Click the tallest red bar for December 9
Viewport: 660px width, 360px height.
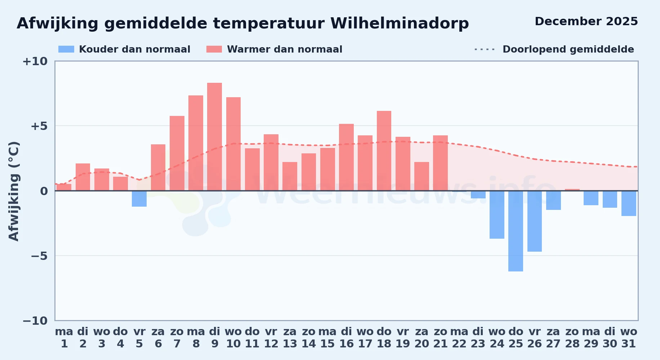click(x=215, y=137)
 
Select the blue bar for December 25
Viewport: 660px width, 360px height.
click(x=516, y=231)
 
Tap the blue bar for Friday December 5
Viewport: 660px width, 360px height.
click(x=139, y=199)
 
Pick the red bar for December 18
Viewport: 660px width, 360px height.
click(x=384, y=151)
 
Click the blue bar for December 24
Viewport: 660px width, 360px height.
click(x=497, y=215)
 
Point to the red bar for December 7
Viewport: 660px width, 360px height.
click(x=177, y=153)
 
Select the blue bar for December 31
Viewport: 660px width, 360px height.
click(x=629, y=203)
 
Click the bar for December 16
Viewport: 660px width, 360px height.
click(x=346, y=157)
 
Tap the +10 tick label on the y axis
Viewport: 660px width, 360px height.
click(x=35, y=62)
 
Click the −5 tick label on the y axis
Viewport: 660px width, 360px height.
click(x=39, y=256)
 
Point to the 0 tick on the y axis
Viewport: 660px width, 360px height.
click(x=44, y=191)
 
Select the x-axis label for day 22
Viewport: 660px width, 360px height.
click(x=459, y=338)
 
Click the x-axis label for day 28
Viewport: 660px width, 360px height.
click(x=572, y=338)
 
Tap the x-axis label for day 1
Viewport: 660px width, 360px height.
click(x=64, y=338)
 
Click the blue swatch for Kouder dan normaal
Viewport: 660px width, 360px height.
click(x=66, y=49)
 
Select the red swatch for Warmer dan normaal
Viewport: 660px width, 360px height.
click(x=214, y=49)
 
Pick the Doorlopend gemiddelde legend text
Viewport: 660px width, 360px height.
click(x=568, y=49)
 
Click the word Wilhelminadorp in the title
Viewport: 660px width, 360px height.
click(x=400, y=24)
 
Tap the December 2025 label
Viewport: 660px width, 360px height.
click(x=586, y=22)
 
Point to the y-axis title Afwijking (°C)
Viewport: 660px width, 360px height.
click(x=14, y=191)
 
